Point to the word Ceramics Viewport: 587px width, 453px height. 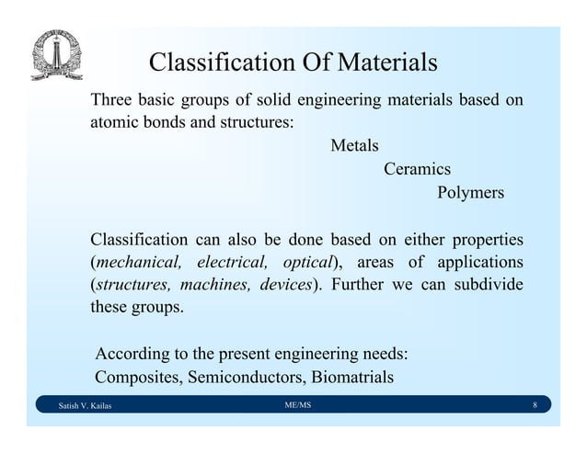pos(417,169)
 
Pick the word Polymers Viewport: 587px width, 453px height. pos(470,193)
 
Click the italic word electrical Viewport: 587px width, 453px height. pos(233,263)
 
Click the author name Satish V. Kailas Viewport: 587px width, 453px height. pos(84,406)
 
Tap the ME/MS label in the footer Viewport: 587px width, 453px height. pos(298,405)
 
